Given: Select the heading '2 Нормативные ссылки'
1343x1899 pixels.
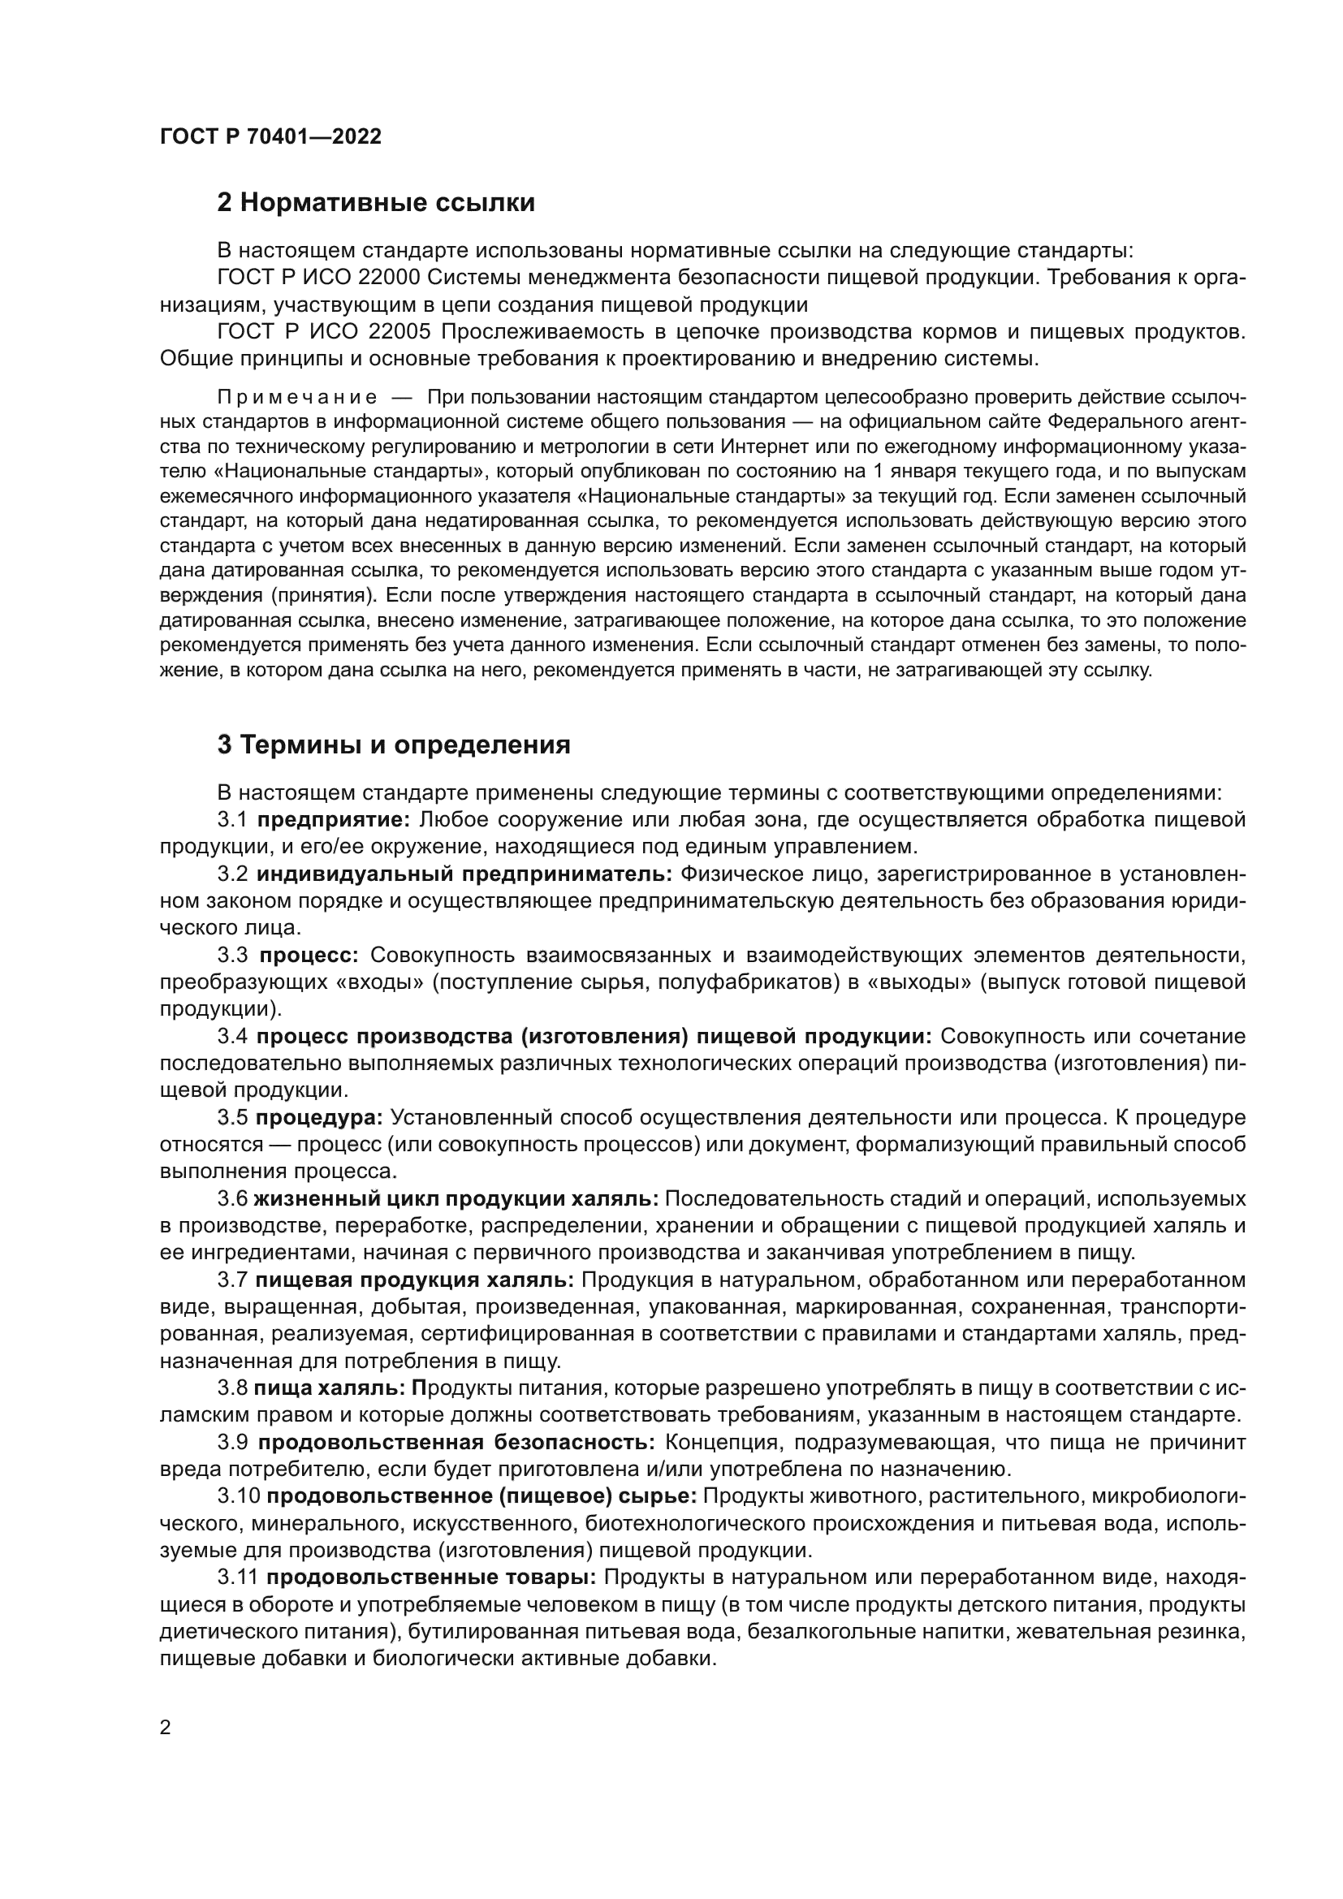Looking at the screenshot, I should click(x=375, y=203).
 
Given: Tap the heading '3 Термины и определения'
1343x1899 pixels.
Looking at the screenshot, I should click(x=394, y=745).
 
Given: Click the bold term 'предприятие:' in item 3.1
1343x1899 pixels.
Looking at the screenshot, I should click(x=333, y=820).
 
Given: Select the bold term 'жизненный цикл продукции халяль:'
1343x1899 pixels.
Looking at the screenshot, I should click(x=456, y=1199).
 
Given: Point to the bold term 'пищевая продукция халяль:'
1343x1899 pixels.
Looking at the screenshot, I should click(x=414, y=1280).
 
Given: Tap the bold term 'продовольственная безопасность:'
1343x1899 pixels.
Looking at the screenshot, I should click(x=456, y=1443).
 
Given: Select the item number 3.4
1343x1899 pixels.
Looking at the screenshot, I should click(x=232, y=1037).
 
